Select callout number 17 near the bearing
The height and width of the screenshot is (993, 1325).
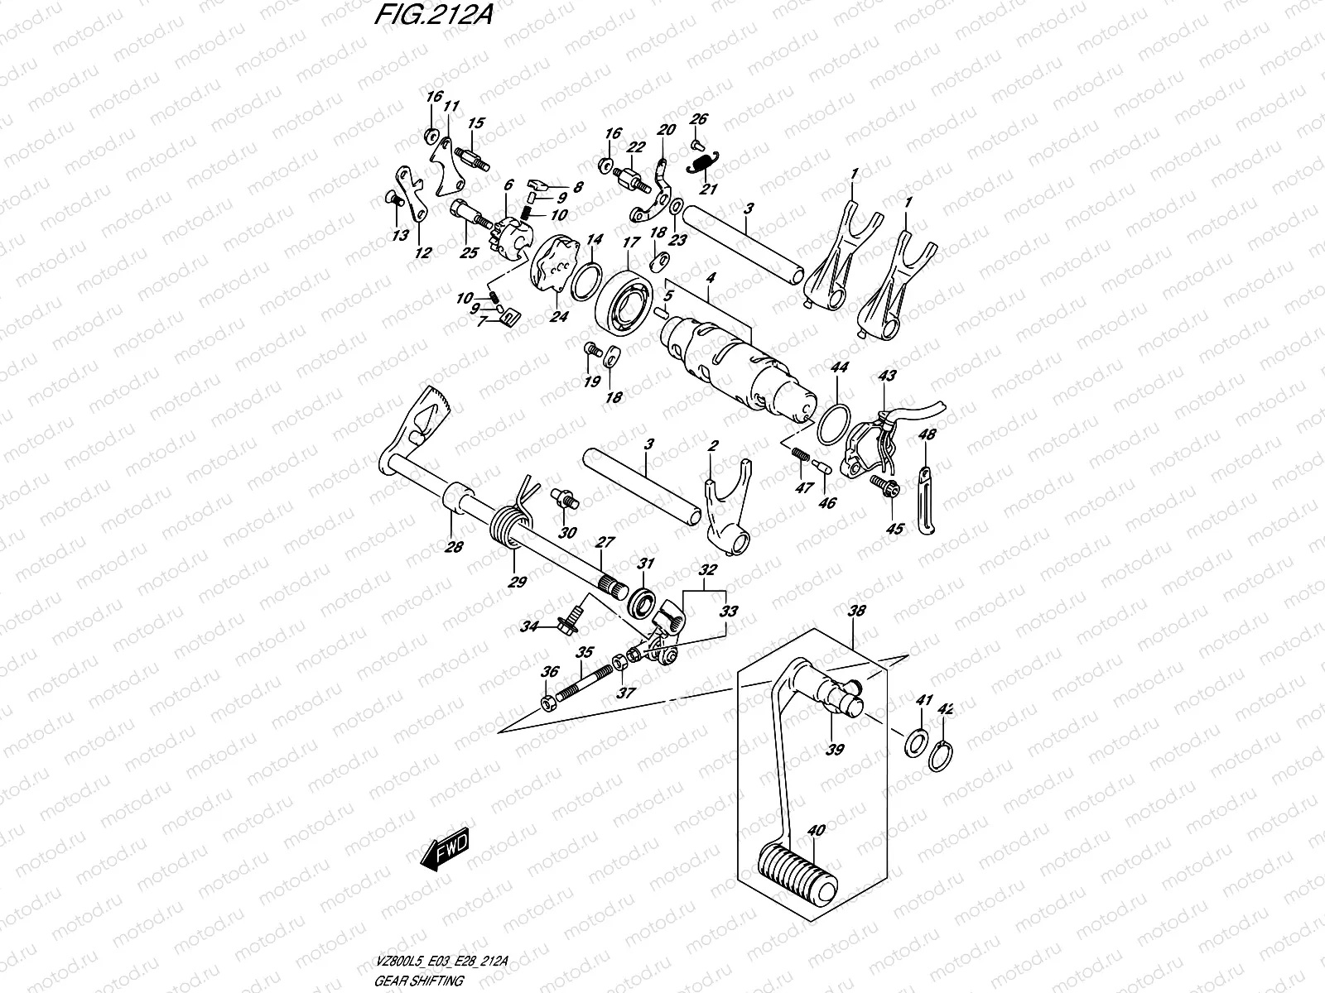pyautogui.click(x=632, y=242)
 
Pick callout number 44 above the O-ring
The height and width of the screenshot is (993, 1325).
pyautogui.click(x=838, y=367)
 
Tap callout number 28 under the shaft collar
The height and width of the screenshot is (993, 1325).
pyautogui.click(x=454, y=546)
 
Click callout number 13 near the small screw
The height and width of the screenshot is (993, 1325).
pyautogui.click(x=400, y=236)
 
